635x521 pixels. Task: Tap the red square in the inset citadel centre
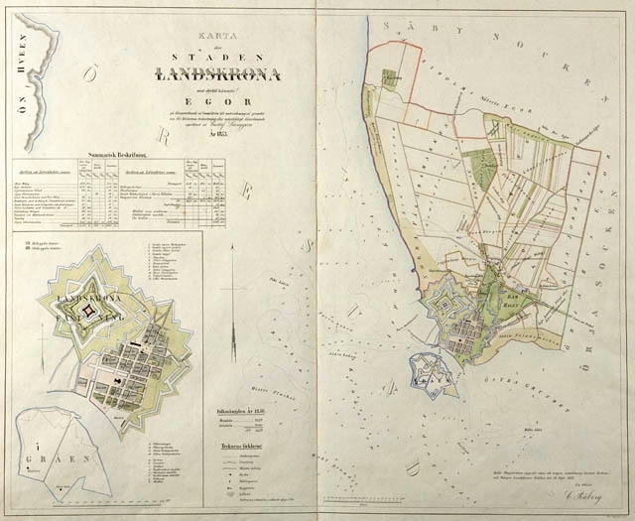point(88,311)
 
